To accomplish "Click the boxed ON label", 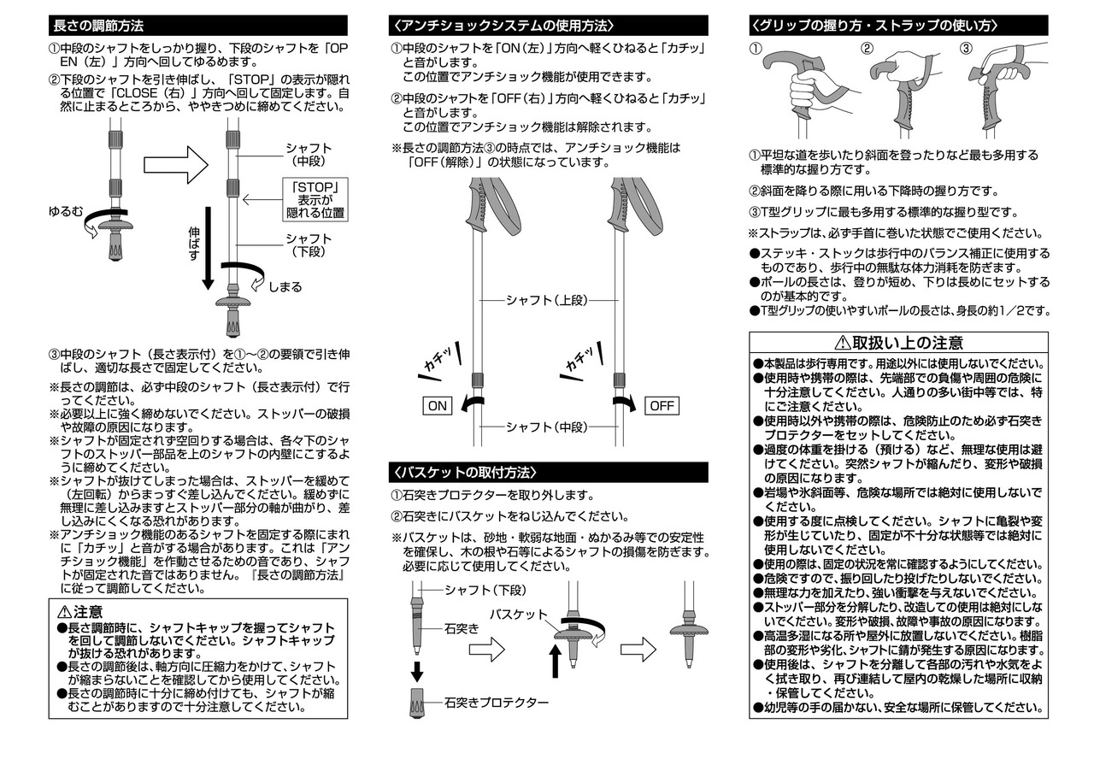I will [437, 406].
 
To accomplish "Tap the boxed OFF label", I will [662, 406].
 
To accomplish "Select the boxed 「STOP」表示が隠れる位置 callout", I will [316, 200].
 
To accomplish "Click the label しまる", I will [285, 287].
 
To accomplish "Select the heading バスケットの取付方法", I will [464, 472].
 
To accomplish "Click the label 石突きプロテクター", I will [496, 703].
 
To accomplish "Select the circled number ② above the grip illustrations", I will [866, 48].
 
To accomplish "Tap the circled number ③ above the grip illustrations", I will [967, 48].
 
